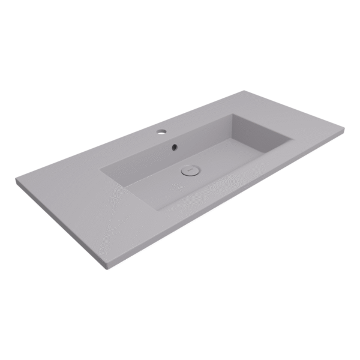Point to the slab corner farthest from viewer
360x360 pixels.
point(245,91)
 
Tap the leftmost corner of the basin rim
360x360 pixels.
point(100,170)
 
